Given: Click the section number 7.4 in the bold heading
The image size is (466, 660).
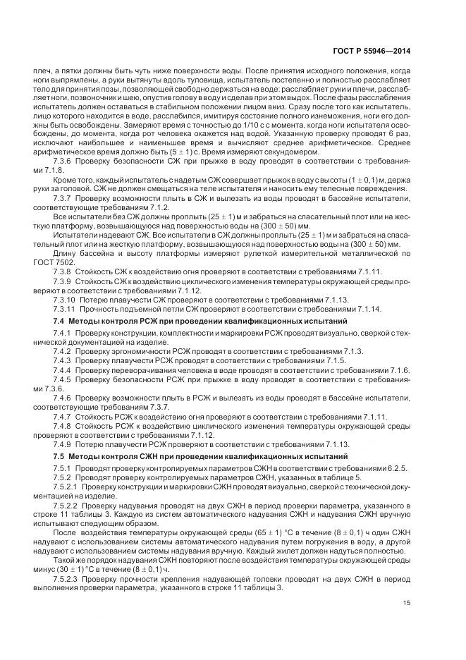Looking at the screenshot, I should pos(59,321).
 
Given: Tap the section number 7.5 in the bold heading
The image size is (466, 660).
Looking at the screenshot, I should pos(59,457).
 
